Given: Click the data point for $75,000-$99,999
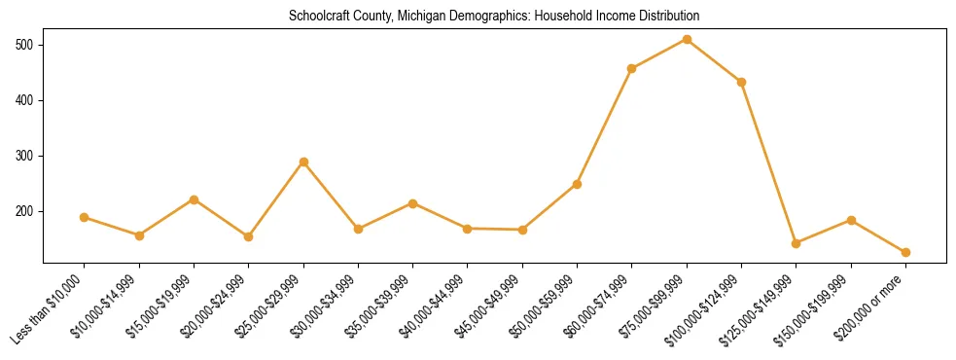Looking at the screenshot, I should tap(687, 39).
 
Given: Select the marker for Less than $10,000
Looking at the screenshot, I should tap(85, 217).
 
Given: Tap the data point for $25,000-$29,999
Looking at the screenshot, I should tap(303, 162).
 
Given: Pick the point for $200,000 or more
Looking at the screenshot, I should tap(905, 252).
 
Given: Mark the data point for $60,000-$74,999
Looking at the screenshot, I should tap(632, 68).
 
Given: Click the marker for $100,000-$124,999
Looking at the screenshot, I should tap(741, 82).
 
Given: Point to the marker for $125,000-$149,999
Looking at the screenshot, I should tap(796, 243).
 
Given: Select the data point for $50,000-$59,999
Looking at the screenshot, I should tap(577, 184).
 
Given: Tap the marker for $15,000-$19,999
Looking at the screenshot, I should tap(194, 199).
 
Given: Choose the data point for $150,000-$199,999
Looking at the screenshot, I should tap(851, 220).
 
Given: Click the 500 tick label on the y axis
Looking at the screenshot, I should tap(25, 45).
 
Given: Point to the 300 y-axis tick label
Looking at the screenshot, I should tap(25, 156).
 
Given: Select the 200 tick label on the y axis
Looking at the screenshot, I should tap(25, 211).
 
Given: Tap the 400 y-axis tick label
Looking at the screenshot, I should tap(25, 100).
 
